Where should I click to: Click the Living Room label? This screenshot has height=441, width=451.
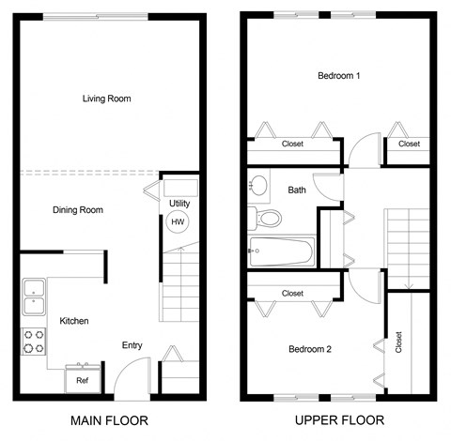pos(105,98)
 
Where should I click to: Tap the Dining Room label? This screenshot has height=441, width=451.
pos(77,210)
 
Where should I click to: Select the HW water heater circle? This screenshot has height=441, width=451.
pos(177,222)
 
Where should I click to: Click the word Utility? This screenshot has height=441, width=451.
pos(179,204)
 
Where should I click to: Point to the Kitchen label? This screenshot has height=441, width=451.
pos(74,321)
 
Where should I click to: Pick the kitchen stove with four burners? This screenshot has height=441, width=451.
pos(34,341)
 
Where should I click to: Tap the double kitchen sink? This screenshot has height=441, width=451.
pos(34,296)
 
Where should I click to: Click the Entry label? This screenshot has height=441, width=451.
pos(132,345)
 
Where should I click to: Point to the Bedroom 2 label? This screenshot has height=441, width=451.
pos(309,349)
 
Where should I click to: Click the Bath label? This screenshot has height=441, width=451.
pos(297,190)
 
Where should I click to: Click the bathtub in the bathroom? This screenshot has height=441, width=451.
pos(281,251)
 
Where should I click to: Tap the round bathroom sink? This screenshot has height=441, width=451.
pos(260,185)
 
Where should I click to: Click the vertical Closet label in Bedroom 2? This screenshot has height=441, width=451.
pos(399,344)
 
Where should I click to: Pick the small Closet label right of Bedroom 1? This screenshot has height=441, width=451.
pos(409,144)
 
